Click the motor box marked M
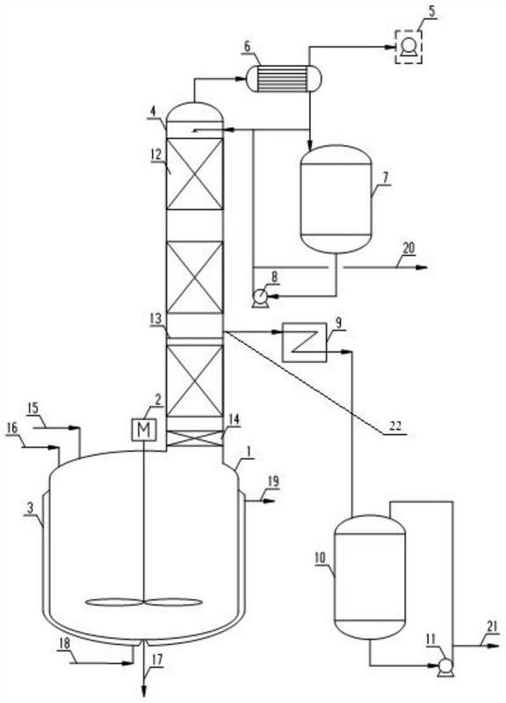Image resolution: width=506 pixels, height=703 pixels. [144, 430]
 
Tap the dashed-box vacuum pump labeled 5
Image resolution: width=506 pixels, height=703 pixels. [408, 47]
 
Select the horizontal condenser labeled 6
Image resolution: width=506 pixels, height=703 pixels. [284, 79]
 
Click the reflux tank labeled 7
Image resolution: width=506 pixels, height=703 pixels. [336, 199]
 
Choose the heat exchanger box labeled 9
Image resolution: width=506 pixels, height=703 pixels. [304, 342]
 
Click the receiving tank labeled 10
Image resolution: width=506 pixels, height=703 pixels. [370, 577]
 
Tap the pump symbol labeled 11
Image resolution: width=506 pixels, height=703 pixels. [445, 667]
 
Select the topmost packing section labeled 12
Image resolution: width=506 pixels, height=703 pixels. [194, 174]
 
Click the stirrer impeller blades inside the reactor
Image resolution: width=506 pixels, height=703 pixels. [143, 603]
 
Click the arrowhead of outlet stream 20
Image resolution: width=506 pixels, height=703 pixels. [422, 268]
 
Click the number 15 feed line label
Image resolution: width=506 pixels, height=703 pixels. [33, 409]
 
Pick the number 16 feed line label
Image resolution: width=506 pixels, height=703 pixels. [12, 428]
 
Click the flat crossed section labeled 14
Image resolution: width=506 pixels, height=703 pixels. [194, 438]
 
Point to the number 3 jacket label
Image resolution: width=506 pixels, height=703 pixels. [30, 508]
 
